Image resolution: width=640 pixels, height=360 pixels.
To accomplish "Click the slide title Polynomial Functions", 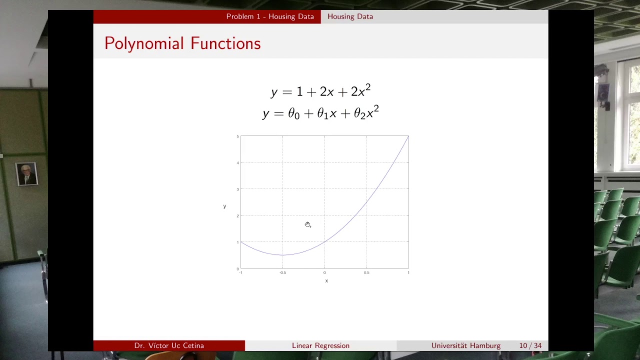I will click(182, 43).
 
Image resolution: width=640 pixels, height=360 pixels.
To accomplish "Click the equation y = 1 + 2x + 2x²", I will click(320, 91).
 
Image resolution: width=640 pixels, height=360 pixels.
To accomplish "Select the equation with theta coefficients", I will click(320, 113).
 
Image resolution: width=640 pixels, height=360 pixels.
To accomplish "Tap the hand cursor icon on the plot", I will click(307, 224).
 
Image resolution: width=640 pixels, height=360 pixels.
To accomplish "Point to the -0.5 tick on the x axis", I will click(282, 272).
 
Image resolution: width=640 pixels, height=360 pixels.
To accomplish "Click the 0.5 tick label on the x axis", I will click(366, 272).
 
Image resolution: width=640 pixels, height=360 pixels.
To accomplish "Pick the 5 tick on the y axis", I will click(237, 136).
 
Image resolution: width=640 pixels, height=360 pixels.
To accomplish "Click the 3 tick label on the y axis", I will click(237, 189).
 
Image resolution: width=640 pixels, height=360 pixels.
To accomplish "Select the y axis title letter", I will click(224, 206).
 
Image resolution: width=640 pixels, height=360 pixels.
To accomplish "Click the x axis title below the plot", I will click(326, 281).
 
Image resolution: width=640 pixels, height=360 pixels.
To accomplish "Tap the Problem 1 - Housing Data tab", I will click(270, 16).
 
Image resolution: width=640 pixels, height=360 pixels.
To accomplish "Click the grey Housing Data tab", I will click(350, 16).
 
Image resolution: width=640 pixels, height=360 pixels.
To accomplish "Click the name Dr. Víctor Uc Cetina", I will click(169, 345).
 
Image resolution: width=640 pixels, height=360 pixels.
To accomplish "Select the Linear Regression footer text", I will click(320, 345).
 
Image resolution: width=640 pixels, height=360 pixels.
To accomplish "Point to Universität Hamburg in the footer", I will click(465, 345).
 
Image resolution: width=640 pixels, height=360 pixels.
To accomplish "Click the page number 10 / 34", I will click(530, 345).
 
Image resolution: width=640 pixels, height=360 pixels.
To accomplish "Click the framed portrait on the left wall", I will click(26, 174).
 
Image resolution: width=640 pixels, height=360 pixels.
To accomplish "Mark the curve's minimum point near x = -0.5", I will click(282, 255).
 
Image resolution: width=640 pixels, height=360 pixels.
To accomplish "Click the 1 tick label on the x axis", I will click(408, 272).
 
